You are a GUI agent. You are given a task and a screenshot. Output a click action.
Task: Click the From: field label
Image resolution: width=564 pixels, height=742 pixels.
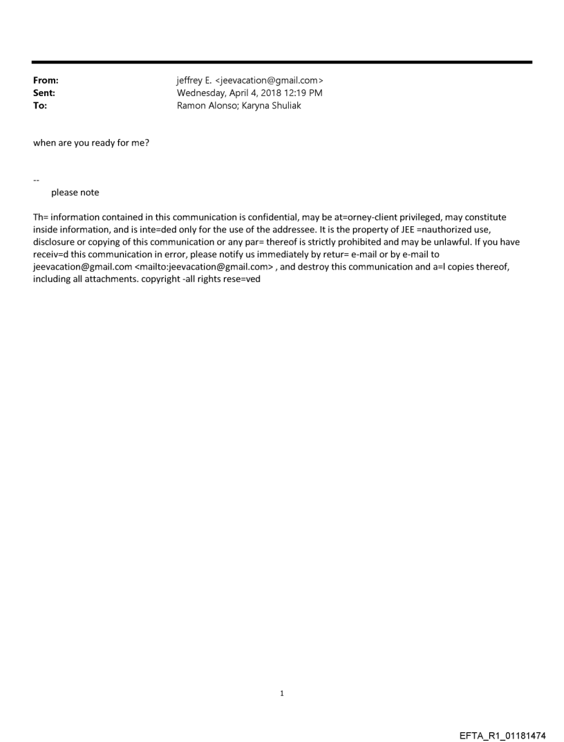coord(46,81)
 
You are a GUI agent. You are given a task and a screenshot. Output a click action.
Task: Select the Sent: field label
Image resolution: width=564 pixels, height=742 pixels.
coord(44,93)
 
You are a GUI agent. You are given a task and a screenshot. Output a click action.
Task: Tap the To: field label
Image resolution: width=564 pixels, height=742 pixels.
coord(40,104)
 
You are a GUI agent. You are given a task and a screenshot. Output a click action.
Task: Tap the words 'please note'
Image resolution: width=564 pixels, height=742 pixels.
coord(75,192)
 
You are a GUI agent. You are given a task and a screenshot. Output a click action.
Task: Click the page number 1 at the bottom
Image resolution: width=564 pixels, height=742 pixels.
coord(282,693)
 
